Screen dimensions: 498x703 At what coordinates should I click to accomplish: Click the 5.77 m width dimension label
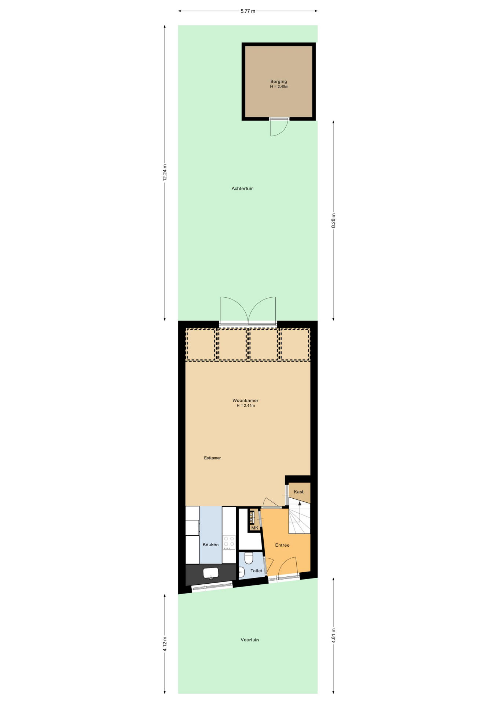(248, 11)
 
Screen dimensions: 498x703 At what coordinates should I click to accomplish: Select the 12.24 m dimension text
(165, 172)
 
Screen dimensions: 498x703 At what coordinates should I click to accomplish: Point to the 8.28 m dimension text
(333, 220)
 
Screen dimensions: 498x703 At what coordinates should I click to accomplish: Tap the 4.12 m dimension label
(165, 644)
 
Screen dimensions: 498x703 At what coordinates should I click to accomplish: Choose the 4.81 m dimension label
(333, 636)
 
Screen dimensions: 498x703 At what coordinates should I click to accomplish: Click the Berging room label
(279, 82)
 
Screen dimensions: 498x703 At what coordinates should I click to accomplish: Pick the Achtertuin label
(242, 189)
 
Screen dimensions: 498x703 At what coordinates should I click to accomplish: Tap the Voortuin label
(250, 640)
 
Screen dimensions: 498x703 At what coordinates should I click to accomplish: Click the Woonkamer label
(245, 400)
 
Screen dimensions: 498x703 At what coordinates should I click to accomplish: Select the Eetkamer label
(212, 458)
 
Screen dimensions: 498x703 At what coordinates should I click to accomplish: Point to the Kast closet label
(299, 492)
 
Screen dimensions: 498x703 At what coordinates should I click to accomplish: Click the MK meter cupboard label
(255, 528)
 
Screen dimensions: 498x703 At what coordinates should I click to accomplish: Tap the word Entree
(282, 545)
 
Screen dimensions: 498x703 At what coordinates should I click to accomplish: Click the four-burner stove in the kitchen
(229, 542)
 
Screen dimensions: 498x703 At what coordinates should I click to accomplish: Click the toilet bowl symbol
(249, 558)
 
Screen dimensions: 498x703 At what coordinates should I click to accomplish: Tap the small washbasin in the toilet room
(241, 572)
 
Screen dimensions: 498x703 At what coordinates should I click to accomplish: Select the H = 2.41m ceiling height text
(245, 406)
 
